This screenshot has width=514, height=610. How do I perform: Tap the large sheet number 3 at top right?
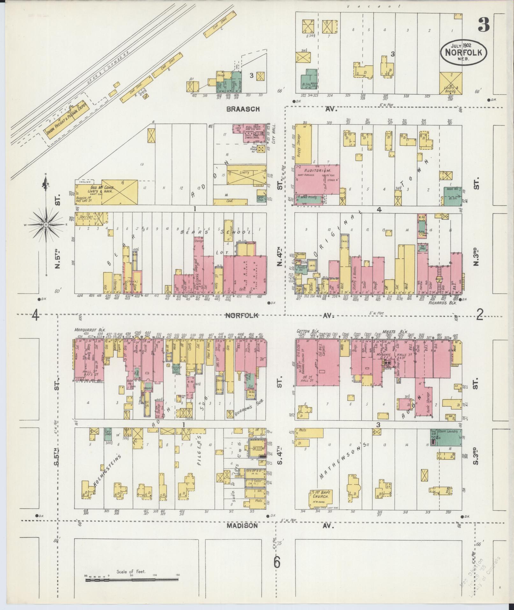(x=483, y=25)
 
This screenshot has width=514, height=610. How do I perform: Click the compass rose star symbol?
(x=46, y=225)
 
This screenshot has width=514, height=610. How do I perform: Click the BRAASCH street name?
(x=243, y=109)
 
